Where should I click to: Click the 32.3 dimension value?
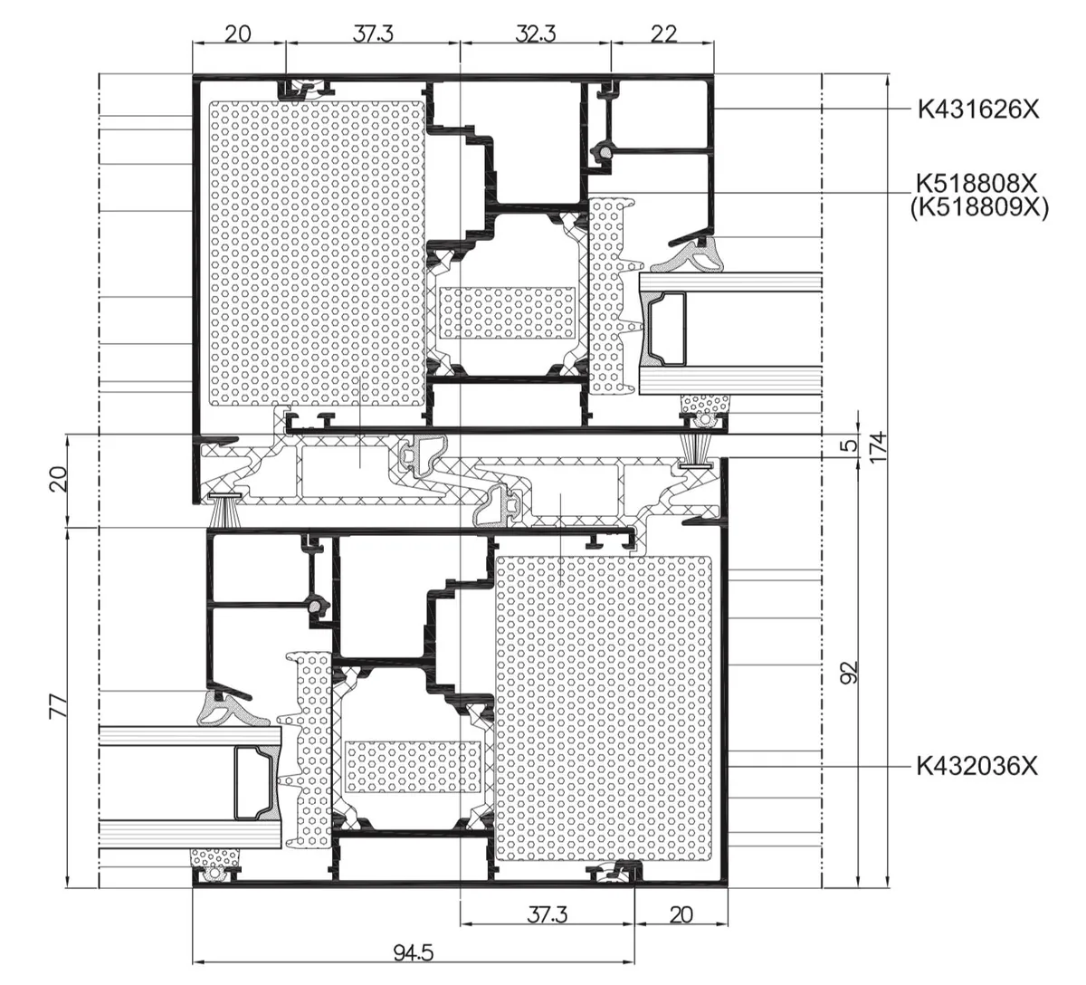[536, 34]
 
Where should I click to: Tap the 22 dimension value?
[663, 34]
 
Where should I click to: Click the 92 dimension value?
[851, 673]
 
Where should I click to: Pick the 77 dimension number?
[58, 706]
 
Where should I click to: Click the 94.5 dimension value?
[413, 952]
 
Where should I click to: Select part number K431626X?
[978, 110]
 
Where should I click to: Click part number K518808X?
[976, 184]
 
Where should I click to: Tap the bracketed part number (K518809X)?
[979, 207]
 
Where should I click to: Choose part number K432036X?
[977, 766]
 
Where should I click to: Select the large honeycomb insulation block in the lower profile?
[604, 709]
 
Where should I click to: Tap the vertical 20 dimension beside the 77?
[58, 479]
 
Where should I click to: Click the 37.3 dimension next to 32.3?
[373, 34]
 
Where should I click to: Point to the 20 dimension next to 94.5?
[681, 915]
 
